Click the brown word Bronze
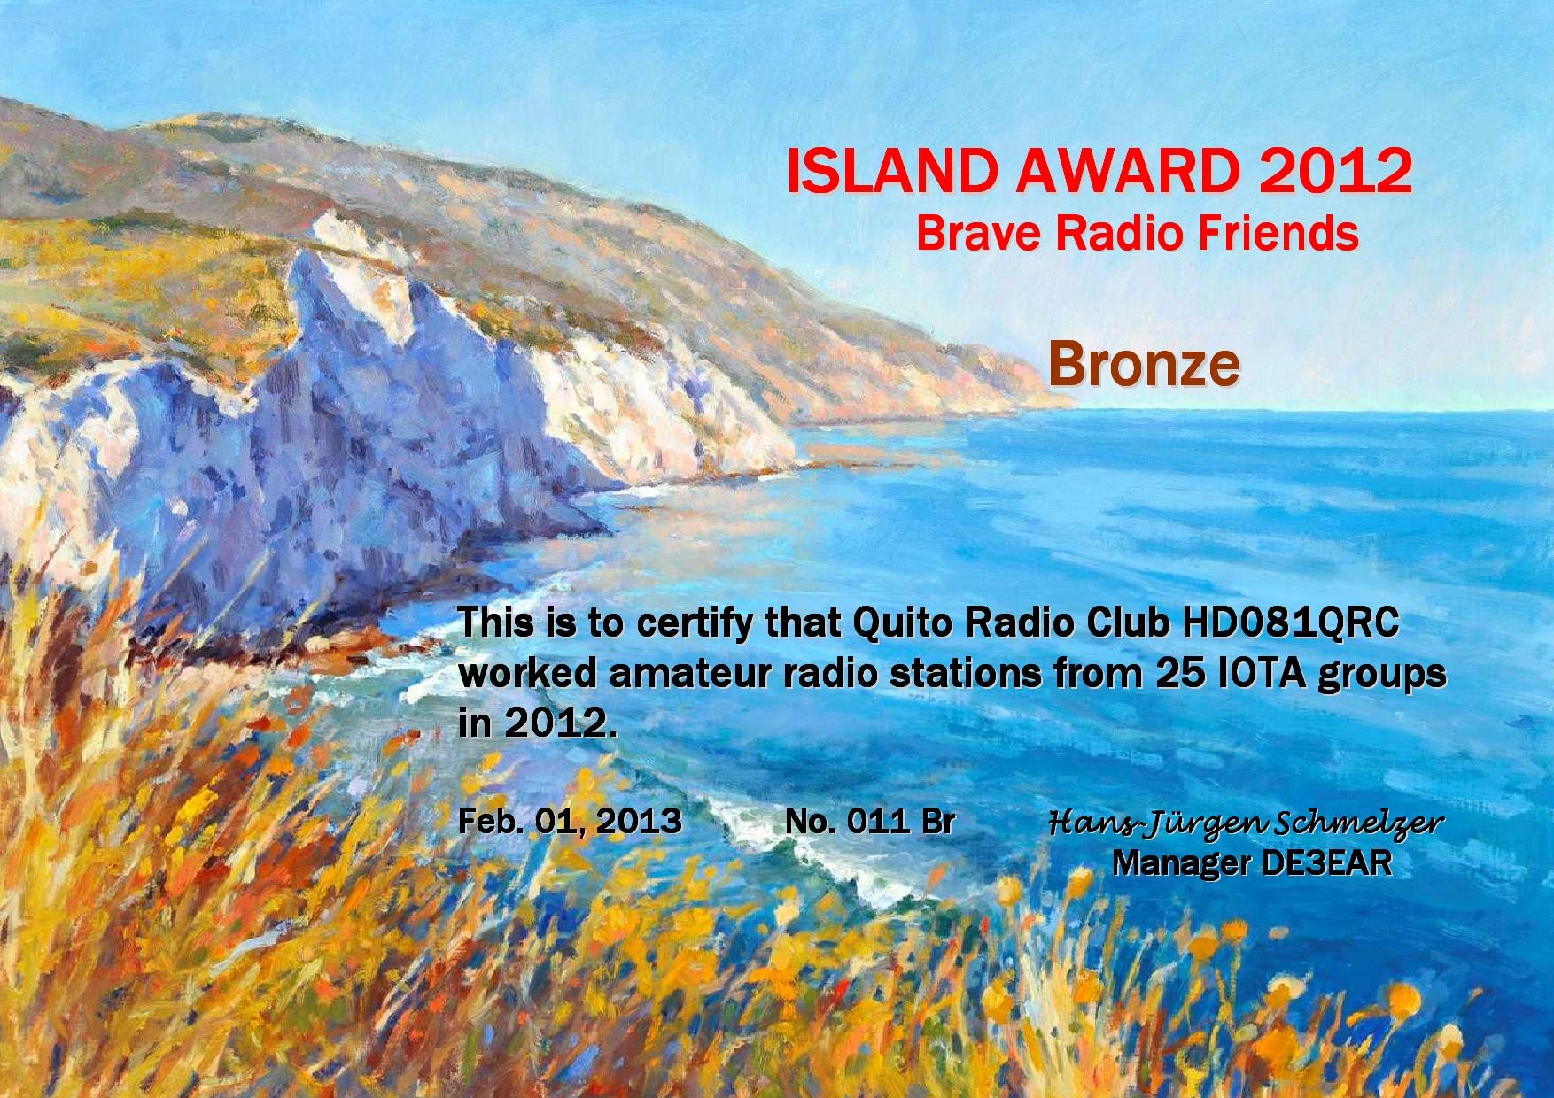[x=1144, y=365]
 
